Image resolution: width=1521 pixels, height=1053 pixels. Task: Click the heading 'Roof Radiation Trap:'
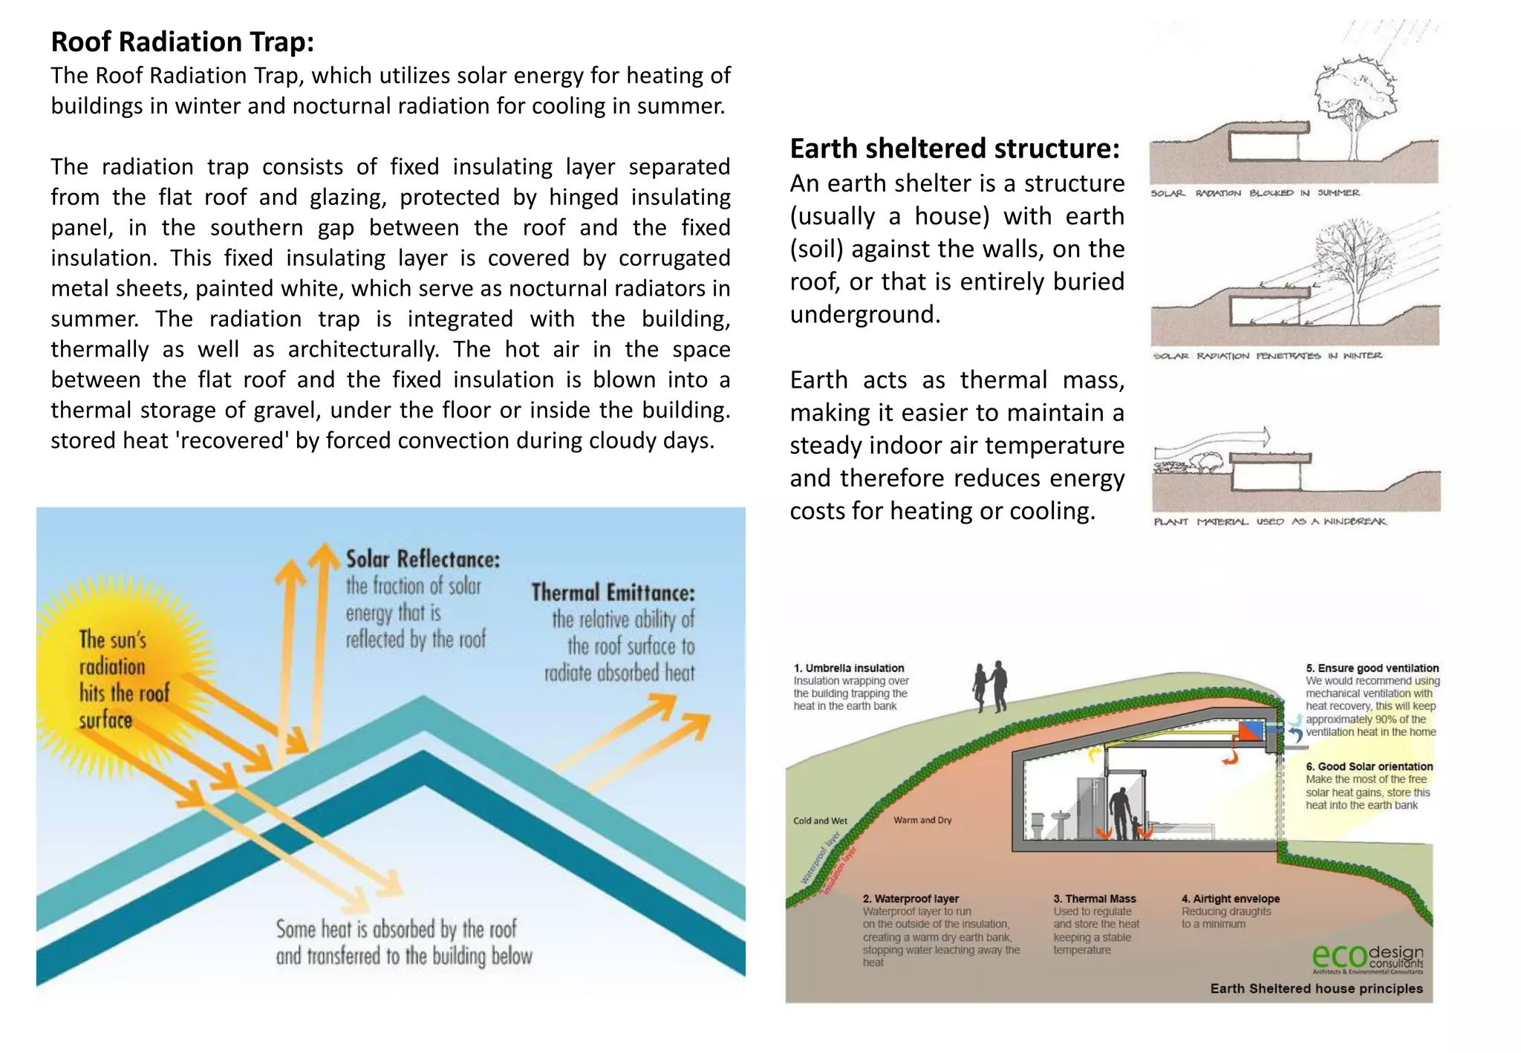183,42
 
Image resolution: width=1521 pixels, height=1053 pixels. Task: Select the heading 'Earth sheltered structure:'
954,149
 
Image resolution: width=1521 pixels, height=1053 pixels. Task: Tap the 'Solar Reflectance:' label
423,559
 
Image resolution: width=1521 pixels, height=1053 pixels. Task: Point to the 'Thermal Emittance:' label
613,593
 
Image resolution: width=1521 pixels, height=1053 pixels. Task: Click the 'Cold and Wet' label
820,821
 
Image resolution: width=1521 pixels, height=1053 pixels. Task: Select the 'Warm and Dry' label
922,820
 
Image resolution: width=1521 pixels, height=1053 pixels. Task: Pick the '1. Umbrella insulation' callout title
849,668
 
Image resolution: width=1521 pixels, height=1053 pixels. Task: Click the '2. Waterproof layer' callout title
911,899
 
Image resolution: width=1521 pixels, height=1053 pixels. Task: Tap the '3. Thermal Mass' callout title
1095,899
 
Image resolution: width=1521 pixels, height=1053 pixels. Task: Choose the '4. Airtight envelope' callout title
1231,899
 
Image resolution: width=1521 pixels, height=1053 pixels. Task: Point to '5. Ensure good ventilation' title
1372,668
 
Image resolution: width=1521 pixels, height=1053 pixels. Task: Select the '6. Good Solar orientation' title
1369,766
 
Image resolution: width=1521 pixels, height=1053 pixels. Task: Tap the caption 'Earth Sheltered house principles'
1317,988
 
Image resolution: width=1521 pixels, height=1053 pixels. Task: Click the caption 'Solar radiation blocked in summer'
1255,193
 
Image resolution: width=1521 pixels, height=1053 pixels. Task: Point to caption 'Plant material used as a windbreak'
1270,521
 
